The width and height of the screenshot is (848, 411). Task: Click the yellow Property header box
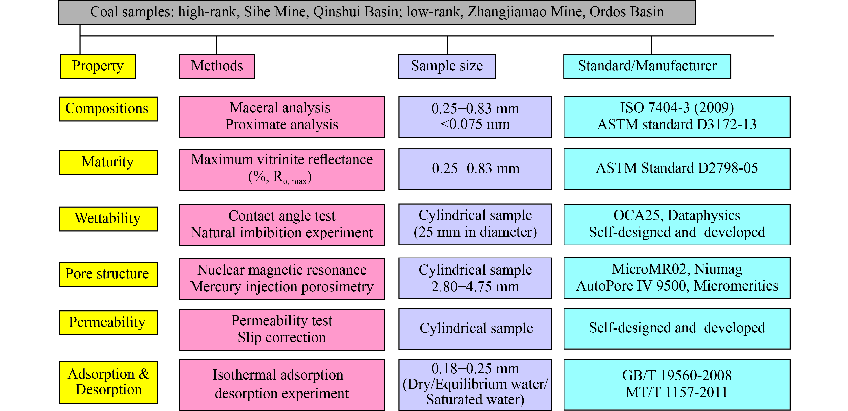98,67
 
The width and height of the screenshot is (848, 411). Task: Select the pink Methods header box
217,67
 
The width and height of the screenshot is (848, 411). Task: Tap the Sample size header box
447,67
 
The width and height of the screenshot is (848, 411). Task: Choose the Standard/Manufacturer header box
647,67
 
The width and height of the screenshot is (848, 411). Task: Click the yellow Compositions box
108,109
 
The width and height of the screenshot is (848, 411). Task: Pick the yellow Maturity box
108,162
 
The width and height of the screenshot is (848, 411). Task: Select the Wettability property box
108,219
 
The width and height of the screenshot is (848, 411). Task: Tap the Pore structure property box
108,274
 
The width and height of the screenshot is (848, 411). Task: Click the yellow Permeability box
108,323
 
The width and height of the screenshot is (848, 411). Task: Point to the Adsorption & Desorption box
108,382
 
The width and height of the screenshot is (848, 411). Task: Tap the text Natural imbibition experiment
282,232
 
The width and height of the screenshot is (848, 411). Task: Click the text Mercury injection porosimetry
282,286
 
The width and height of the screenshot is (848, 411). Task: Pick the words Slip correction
282,337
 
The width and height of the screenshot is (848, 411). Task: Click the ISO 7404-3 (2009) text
677,108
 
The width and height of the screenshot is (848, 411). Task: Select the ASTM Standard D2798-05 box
677,169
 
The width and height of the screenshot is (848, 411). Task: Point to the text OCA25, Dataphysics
677,215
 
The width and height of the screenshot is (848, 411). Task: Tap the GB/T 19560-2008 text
677,375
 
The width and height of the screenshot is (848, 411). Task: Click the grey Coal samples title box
377,12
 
